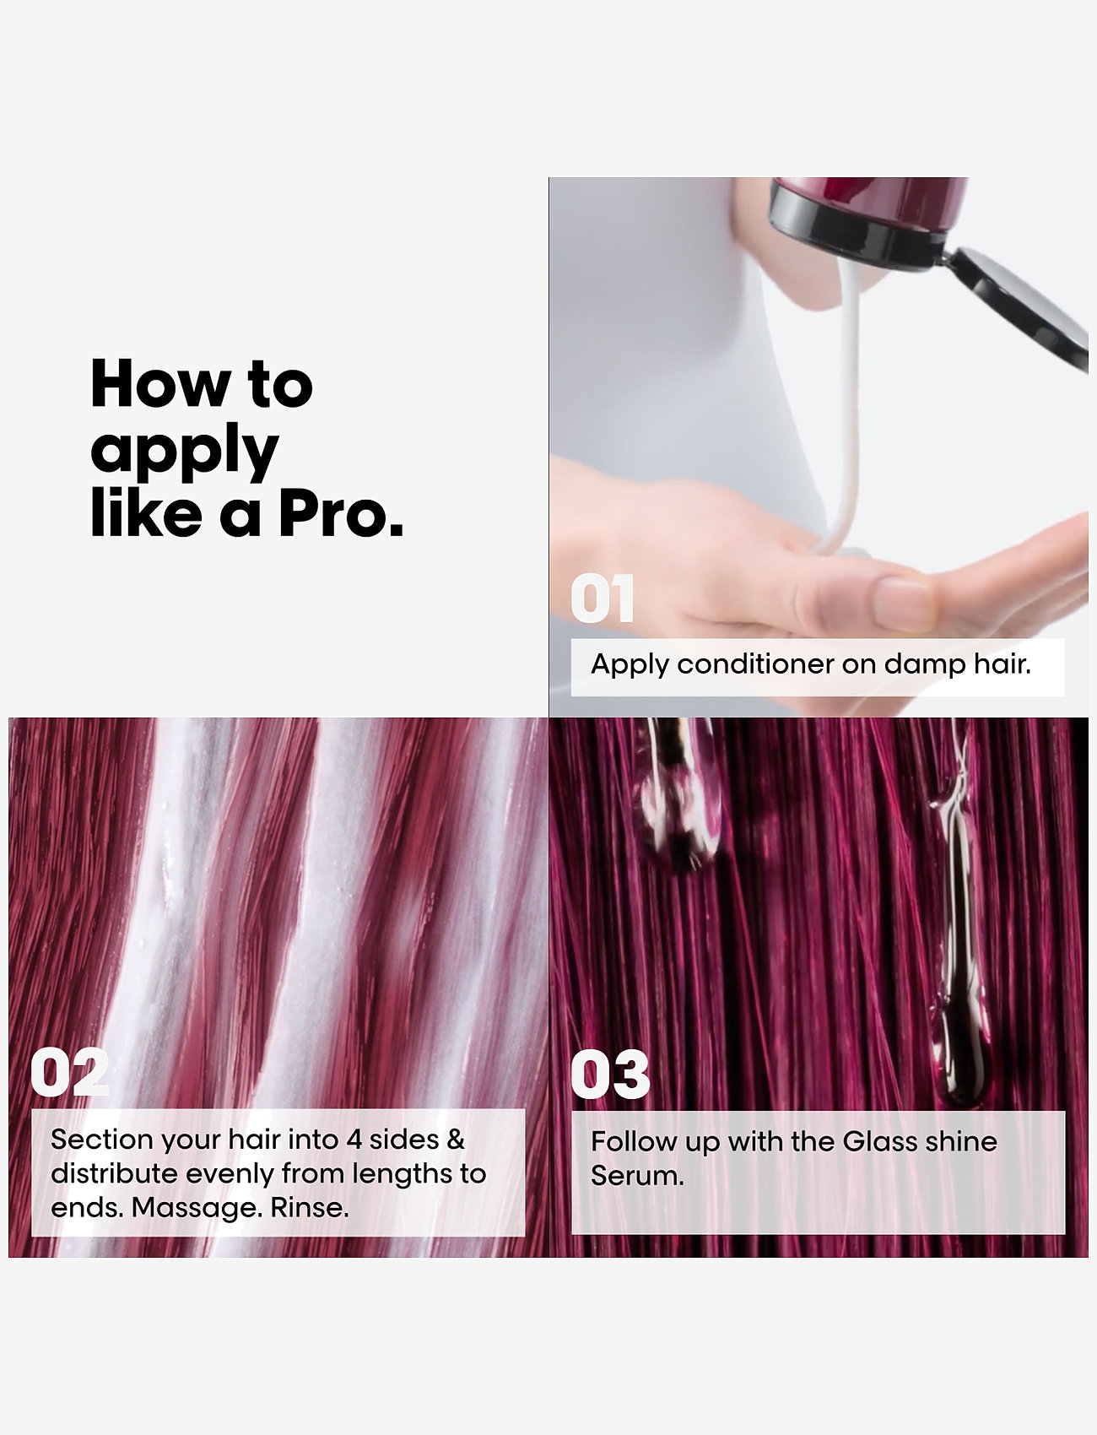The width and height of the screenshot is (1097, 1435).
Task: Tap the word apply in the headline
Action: click(x=184, y=452)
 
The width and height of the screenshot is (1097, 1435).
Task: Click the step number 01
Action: click(x=602, y=598)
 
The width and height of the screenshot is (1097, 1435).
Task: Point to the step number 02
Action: click(x=69, y=1073)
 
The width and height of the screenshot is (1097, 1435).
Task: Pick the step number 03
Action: click(x=610, y=1075)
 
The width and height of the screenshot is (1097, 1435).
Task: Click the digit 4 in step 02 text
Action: click(x=354, y=1140)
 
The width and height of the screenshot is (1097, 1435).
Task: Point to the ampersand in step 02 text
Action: click(x=456, y=1140)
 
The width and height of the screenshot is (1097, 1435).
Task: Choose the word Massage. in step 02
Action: click(x=197, y=1208)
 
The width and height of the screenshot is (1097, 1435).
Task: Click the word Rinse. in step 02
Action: click(x=310, y=1207)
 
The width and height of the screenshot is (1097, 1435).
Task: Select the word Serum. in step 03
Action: click(x=637, y=1176)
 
